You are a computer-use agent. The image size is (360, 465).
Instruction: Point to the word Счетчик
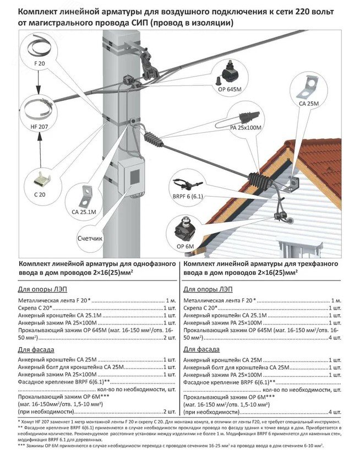91,239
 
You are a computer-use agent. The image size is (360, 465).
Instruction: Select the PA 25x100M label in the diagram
245,128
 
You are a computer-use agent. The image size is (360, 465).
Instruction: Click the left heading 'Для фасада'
34,349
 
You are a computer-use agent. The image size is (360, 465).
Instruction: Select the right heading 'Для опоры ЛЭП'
206,289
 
